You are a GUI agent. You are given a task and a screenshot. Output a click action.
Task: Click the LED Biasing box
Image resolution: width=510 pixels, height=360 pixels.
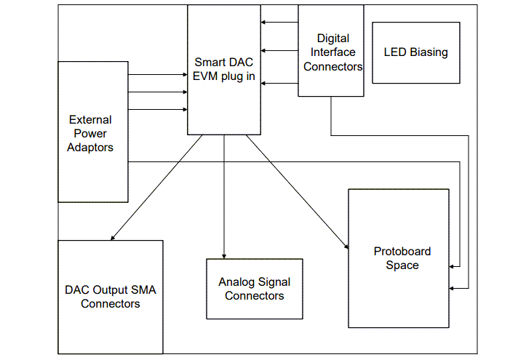tap(415, 52)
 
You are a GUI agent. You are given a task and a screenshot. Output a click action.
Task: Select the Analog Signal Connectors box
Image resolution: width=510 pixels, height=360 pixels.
tap(254, 289)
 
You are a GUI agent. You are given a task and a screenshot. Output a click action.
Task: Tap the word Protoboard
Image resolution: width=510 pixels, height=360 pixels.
tap(402, 252)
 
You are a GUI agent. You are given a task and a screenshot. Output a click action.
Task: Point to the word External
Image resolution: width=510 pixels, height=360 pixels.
tap(90, 120)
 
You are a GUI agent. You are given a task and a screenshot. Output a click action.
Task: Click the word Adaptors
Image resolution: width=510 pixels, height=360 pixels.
tap(90, 148)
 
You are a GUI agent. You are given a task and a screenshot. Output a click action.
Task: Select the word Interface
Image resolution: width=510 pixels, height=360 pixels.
tap(332, 52)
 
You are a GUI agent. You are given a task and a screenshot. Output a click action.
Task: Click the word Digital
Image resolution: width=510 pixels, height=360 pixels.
tap(333, 39)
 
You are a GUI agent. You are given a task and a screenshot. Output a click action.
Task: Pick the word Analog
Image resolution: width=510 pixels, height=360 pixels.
tap(236, 282)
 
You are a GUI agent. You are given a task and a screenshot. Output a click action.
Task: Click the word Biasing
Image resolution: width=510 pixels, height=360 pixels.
tap(428, 52)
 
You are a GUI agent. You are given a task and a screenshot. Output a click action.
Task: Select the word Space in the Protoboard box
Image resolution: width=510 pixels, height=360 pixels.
tap(402, 265)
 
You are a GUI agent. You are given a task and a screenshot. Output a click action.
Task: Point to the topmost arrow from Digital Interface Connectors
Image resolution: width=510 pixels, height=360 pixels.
tap(279, 23)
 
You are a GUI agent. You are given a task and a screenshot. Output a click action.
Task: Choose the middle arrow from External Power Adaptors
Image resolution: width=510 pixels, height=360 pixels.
tap(157, 92)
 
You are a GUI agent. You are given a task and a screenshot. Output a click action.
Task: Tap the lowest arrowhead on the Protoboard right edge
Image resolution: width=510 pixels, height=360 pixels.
tap(454, 289)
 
